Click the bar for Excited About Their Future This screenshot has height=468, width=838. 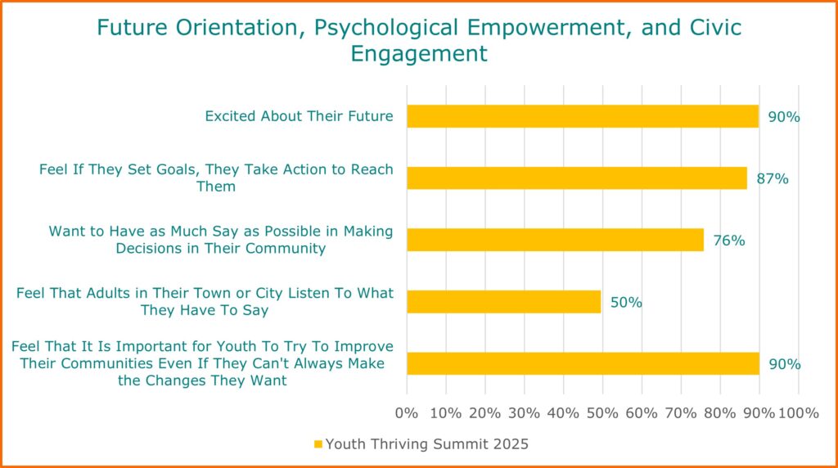(x=583, y=116)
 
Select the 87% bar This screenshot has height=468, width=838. (x=577, y=178)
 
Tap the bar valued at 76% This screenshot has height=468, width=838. (x=556, y=240)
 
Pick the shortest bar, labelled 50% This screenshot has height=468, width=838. (x=503, y=302)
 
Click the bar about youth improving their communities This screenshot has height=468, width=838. (x=583, y=364)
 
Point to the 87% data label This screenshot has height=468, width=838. (x=773, y=178)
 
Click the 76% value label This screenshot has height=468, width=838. (x=729, y=241)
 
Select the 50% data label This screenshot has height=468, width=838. (x=626, y=303)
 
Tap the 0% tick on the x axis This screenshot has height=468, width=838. (x=406, y=413)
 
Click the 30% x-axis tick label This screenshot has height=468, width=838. (x=524, y=413)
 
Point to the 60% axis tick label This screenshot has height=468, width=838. (x=642, y=413)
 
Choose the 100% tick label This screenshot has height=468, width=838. (x=798, y=413)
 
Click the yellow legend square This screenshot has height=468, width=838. (x=318, y=444)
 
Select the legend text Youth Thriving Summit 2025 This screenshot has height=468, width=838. (x=426, y=444)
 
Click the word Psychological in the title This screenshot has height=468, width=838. (x=386, y=28)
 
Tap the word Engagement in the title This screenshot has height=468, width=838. (x=419, y=54)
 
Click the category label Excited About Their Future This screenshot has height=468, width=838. (x=299, y=116)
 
